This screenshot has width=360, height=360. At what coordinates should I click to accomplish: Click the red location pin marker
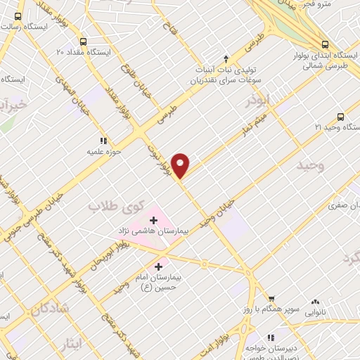181,165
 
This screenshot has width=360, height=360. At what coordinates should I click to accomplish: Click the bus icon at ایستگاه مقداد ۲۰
84,41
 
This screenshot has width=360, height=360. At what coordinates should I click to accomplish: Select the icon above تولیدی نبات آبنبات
226,58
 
